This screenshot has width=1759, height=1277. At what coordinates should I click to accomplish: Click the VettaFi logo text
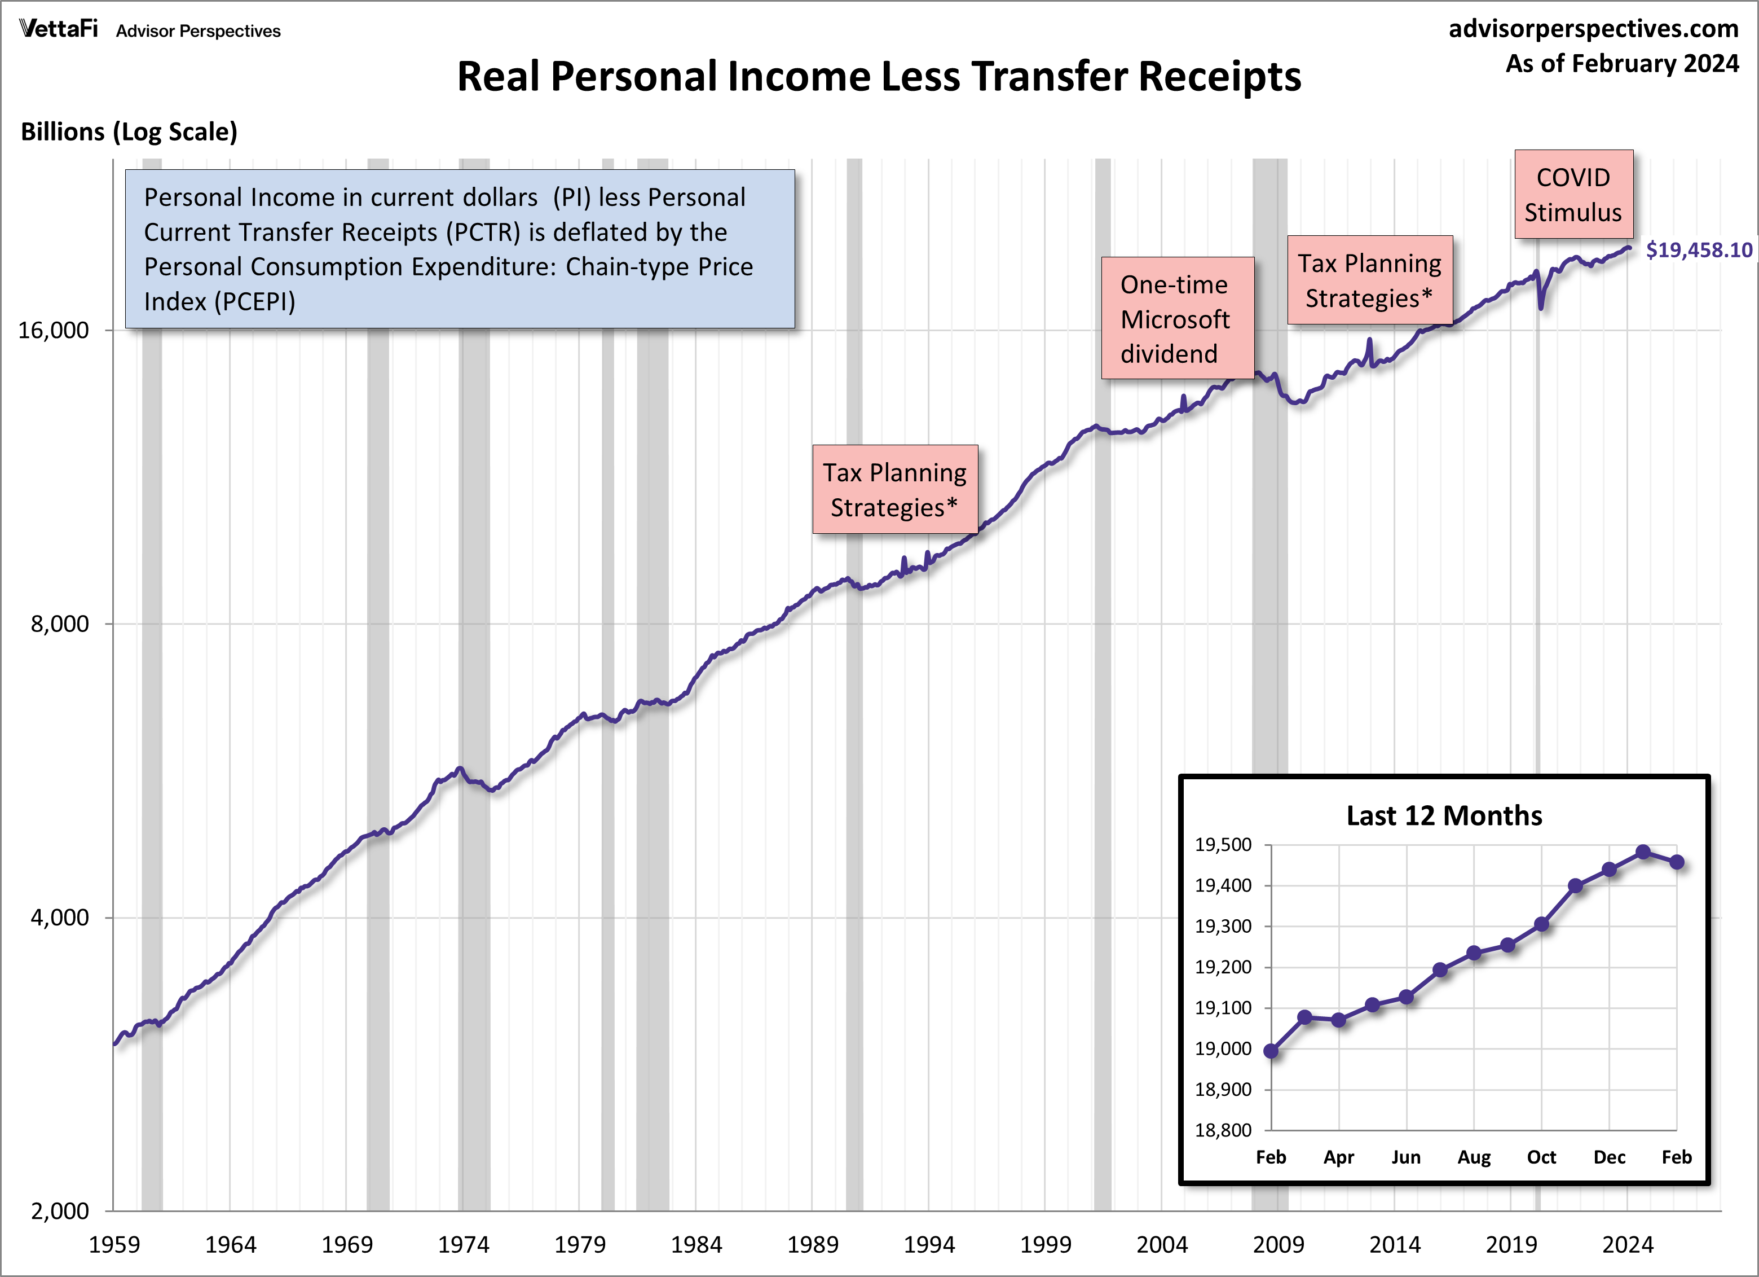click(58, 29)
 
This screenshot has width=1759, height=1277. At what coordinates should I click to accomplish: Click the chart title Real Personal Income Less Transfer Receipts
click(878, 77)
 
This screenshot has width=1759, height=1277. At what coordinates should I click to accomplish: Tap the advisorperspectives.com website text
click(1593, 29)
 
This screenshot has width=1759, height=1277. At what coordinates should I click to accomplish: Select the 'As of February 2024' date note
click(1622, 64)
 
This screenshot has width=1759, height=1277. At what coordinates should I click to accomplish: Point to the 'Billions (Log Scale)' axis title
click(129, 132)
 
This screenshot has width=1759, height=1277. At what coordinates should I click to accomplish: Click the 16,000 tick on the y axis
click(54, 331)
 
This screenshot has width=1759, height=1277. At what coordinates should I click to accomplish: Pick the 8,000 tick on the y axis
click(60, 624)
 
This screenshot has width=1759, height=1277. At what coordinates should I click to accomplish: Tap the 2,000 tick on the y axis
click(60, 1210)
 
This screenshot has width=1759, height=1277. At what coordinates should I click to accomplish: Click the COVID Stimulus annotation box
click(1573, 195)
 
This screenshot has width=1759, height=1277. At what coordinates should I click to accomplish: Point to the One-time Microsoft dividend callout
click(1176, 319)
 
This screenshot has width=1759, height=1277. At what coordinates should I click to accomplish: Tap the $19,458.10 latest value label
click(1699, 251)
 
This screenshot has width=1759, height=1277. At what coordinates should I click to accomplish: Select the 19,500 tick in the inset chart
click(1223, 845)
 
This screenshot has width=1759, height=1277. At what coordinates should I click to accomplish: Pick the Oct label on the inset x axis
click(1541, 1157)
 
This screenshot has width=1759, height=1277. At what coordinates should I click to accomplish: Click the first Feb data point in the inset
click(1271, 1051)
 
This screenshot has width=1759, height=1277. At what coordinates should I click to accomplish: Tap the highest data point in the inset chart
click(1643, 852)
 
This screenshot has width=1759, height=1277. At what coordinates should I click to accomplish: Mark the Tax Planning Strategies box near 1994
click(894, 490)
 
